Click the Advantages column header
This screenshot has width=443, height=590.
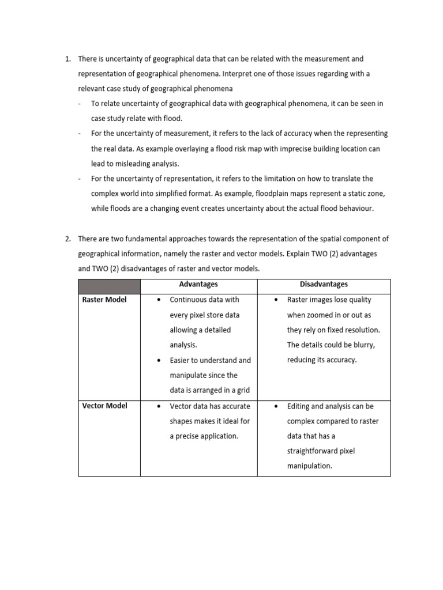click(198, 285)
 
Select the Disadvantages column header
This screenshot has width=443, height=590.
click(324, 285)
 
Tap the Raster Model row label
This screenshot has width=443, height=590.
click(104, 300)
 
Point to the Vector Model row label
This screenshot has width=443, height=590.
click(104, 406)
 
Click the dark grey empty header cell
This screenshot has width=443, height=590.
click(109, 286)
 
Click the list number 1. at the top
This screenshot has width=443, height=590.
click(67, 59)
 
